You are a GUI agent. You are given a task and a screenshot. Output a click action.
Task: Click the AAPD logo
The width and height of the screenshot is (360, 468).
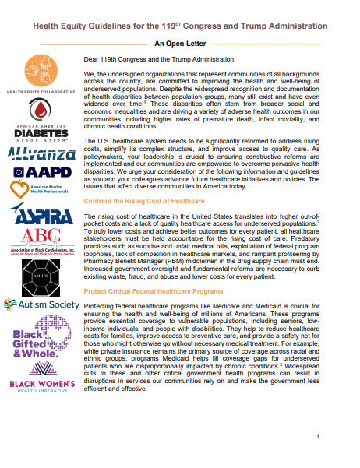41,171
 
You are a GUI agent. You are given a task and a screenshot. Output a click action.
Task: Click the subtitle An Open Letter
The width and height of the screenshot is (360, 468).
179,44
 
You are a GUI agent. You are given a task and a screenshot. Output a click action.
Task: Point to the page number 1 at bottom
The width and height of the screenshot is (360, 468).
318,436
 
